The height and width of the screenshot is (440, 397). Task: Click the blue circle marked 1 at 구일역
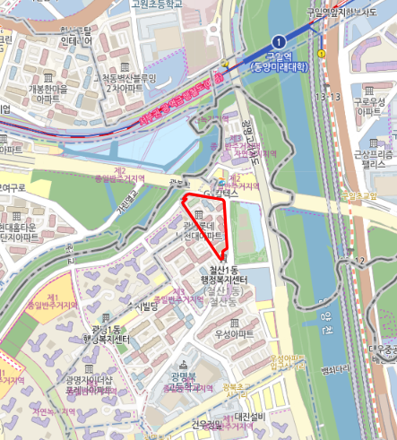(279, 41)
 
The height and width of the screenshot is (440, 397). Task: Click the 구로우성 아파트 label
(370, 108)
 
